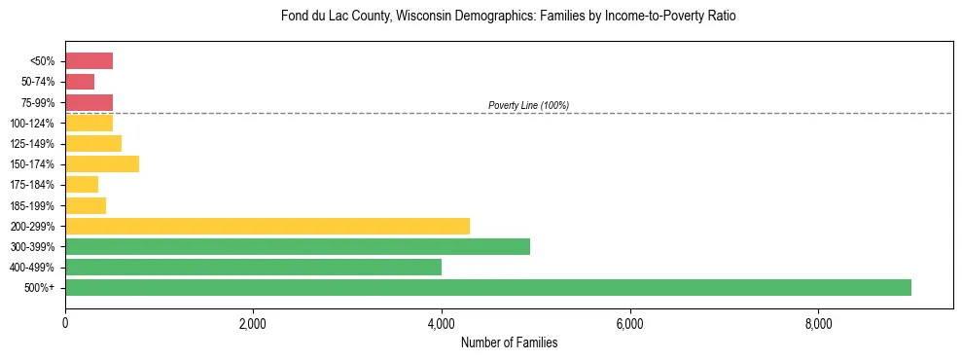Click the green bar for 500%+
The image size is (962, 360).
[x=487, y=287]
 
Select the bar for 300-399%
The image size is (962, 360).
[x=297, y=246]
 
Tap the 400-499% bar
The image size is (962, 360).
[x=253, y=267]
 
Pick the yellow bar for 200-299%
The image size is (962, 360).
[x=267, y=226]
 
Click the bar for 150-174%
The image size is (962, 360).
[x=101, y=164]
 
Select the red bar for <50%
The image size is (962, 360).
[x=89, y=61]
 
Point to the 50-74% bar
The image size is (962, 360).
[x=80, y=82]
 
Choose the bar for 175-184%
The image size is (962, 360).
[x=82, y=185]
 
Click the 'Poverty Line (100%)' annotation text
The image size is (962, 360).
[x=528, y=105]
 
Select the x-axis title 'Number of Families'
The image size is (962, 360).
[x=509, y=342]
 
